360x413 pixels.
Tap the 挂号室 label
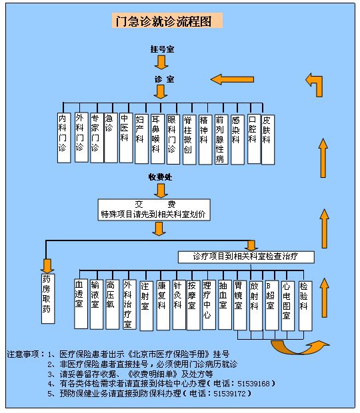coord(162,49)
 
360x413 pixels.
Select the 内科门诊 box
coord(64,138)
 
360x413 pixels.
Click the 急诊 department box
coord(111,138)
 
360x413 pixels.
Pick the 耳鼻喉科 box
coord(157,139)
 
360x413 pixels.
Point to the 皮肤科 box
coord(268,140)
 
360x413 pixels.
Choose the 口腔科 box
coord(254,139)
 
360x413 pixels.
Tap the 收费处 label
coord(160,177)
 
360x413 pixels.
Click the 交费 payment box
coord(154,210)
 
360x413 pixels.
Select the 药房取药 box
coord(48,298)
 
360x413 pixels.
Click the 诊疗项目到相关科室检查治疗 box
coord(246,257)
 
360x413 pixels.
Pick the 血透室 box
coord(81,304)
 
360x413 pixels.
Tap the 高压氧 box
coord(112,304)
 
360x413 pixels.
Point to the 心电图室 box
coord(288,306)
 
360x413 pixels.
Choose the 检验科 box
coord(305,306)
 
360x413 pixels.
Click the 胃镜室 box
coord(240,305)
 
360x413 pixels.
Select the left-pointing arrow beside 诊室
coord(232,79)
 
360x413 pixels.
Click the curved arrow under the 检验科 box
coord(300,347)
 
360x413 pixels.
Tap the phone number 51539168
coord(253,384)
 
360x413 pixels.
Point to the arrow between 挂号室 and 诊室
coord(161,62)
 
